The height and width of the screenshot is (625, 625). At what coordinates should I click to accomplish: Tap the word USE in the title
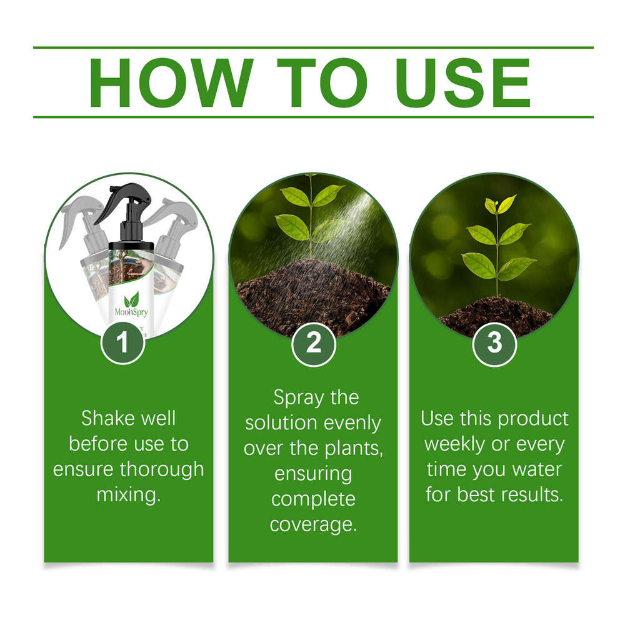coord(463,82)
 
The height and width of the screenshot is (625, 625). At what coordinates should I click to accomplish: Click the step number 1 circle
coord(122,342)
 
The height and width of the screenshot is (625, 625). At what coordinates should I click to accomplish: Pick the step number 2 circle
coord(313,342)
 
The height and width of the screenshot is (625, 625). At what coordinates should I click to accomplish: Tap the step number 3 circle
coord(494,342)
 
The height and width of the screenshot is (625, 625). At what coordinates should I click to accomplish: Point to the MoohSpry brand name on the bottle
coord(131,311)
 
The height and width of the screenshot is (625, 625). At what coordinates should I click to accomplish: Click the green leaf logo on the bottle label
coord(131,298)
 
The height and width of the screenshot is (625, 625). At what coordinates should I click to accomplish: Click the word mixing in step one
coord(129,495)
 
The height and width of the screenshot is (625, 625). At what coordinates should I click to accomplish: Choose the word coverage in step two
coord(313,524)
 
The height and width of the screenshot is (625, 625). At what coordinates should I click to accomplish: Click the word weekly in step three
coord(457,444)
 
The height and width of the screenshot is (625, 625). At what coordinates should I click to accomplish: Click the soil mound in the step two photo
coord(312,300)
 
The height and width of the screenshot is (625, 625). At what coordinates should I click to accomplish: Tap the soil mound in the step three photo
coord(495,316)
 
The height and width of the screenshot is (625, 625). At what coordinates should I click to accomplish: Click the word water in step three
coord(536,469)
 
